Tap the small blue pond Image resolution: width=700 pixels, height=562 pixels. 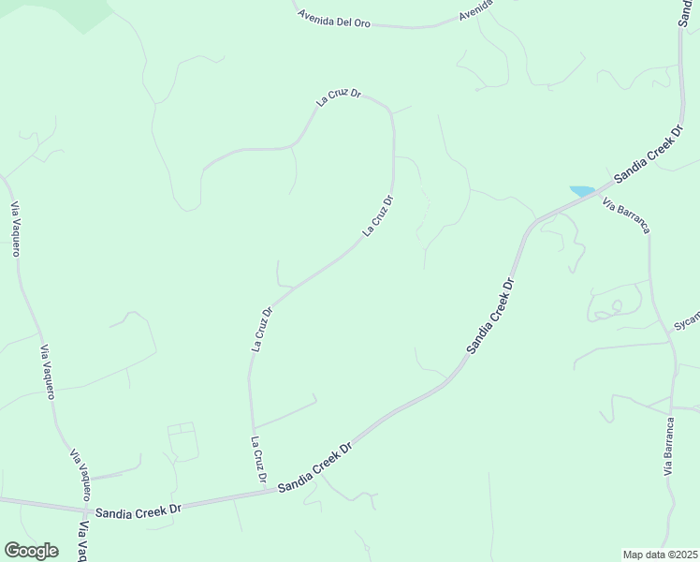pos(581,191)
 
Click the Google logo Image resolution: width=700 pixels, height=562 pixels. pos(31,551)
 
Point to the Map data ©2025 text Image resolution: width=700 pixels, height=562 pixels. pos(660,555)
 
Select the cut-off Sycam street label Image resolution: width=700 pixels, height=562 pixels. pos(686,320)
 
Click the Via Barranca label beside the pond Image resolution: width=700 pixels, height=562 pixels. pos(627,215)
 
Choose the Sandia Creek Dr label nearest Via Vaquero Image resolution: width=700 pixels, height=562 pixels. pos(137,510)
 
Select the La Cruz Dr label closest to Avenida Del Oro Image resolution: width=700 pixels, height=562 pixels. pos(339,100)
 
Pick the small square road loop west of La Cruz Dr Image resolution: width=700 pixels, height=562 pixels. pos(182,441)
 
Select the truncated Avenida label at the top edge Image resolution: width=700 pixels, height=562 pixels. pos(476,11)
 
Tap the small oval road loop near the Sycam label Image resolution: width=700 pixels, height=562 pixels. pos(616,305)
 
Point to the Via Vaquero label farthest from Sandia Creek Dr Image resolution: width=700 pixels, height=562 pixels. pos(15,229)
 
